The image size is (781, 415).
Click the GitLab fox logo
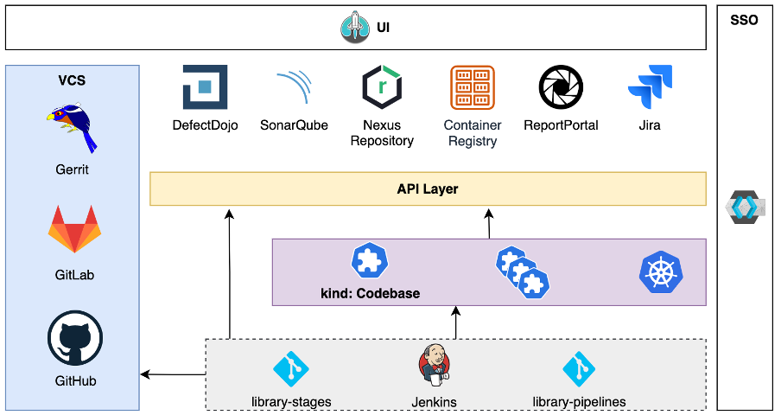[73, 229]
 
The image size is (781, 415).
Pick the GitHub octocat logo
[74, 339]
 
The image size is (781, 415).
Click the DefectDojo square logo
[205, 87]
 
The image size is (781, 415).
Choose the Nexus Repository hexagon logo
[382, 87]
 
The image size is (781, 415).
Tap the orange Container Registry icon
[473, 87]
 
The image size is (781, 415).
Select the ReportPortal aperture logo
[561, 87]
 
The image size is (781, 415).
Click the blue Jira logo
[650, 87]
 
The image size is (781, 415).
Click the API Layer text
[427, 188]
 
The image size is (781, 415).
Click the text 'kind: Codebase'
[370, 293]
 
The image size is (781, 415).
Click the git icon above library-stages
[291, 370]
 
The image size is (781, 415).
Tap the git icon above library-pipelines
[580, 370]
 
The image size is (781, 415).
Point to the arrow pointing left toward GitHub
[173, 374]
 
